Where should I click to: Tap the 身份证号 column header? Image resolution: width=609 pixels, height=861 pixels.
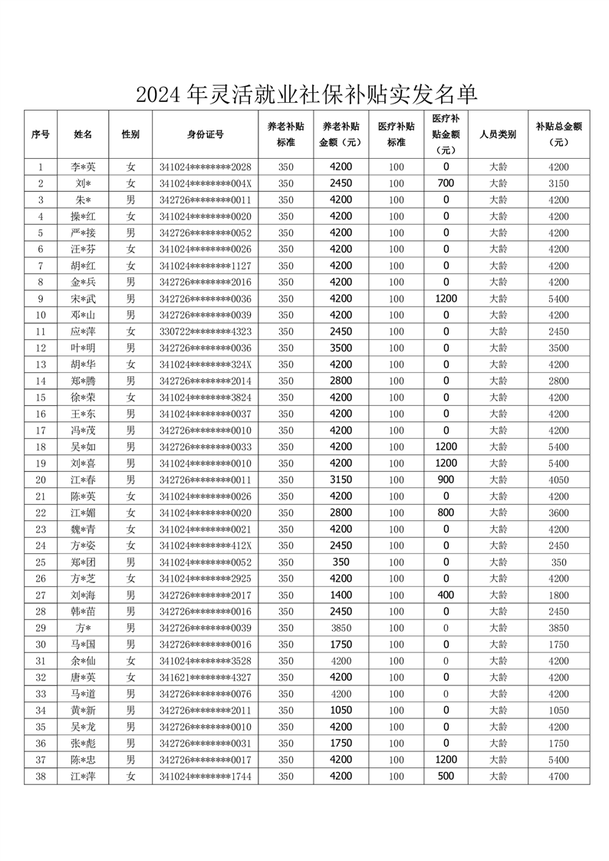205,134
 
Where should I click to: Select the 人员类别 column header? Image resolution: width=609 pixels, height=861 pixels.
498,134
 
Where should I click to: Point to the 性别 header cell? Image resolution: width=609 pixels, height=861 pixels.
130,134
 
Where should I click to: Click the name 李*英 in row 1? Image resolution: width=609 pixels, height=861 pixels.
84,167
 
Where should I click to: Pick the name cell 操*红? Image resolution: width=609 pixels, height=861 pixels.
84,216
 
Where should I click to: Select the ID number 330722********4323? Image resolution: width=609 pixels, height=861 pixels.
205,332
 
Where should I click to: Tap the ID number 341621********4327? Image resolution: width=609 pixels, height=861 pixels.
205,678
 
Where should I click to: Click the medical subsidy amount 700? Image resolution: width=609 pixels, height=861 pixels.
446,183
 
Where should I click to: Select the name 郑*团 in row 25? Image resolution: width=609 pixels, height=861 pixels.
84,562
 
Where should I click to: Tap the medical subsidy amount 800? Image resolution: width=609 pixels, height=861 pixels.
446,513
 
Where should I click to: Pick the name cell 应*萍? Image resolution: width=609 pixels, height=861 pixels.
84,332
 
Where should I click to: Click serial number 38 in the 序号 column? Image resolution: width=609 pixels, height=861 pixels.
41,777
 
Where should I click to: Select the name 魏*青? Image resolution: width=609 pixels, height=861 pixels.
84,529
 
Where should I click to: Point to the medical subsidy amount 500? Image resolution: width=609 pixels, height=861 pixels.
446,777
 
